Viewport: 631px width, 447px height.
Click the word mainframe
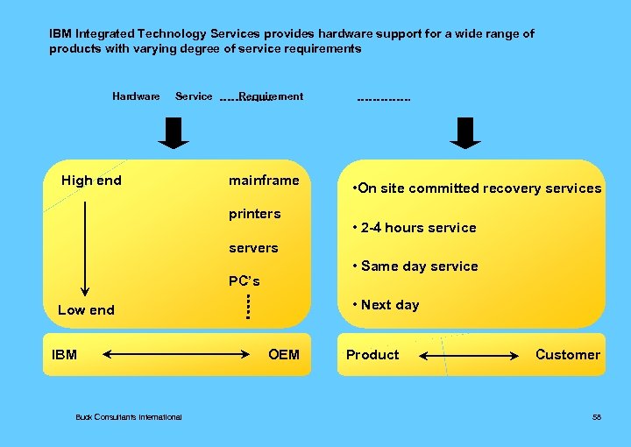(264, 181)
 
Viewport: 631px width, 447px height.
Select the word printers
(254, 214)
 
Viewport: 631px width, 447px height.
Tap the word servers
(253, 248)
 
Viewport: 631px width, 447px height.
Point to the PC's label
(244, 281)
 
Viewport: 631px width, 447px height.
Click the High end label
(91, 181)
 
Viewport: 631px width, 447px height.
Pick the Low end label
(86, 309)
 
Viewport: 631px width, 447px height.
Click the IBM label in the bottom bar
(64, 355)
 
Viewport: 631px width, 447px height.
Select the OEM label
(284, 355)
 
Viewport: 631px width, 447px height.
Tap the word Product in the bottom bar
(372, 355)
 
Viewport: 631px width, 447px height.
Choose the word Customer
(568, 355)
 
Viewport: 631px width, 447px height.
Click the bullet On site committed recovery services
(476, 188)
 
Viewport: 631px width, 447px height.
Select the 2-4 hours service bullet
(414, 228)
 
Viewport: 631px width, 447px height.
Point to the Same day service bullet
(415, 266)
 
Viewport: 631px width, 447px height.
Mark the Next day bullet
(385, 305)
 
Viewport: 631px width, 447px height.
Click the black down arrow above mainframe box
(175, 132)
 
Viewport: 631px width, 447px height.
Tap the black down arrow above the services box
(465, 132)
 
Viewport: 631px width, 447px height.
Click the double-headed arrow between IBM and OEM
(176, 355)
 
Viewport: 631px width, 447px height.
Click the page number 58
(597, 417)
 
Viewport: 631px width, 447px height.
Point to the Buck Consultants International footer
(129, 417)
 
